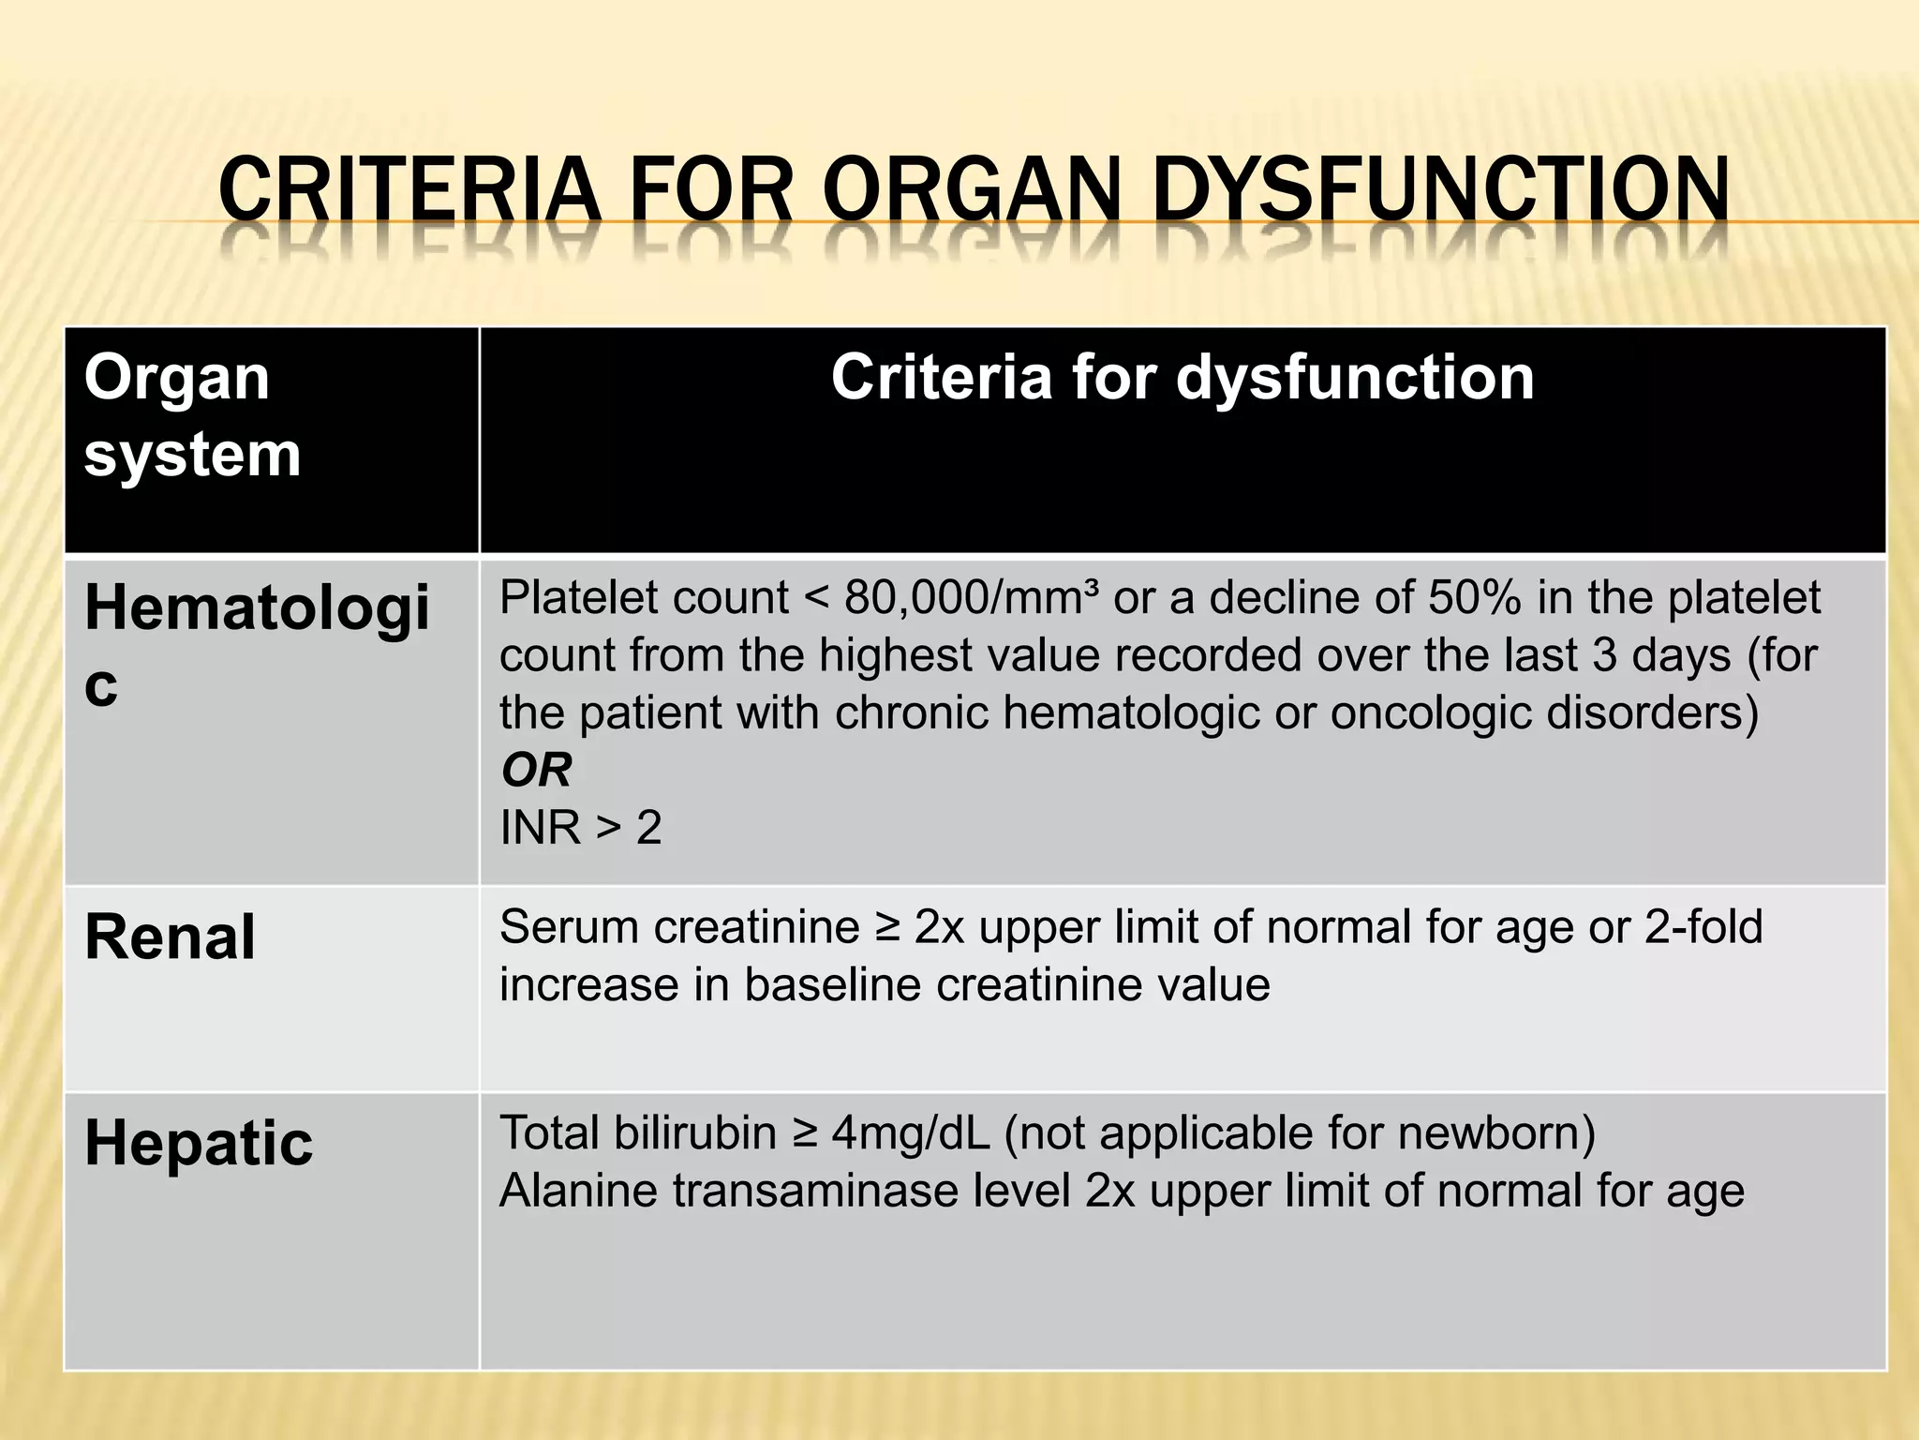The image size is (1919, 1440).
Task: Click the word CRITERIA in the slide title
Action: (409, 191)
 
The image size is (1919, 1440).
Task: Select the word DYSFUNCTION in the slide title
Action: (1439, 191)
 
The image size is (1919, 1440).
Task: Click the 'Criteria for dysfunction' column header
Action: (1183, 378)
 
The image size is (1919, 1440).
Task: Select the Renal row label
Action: (170, 937)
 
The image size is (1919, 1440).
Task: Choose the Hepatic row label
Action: (199, 1143)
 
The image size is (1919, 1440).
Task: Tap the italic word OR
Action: (536, 771)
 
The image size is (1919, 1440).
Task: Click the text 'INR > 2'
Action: (581, 828)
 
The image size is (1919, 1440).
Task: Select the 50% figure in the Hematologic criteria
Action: (1474, 598)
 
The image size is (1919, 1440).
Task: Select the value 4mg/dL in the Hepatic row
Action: (910, 1133)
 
